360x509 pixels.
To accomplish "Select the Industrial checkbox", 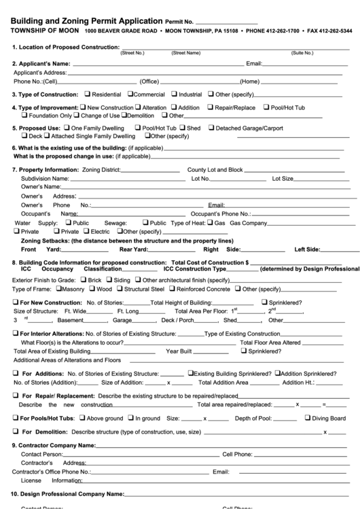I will click(x=174, y=94).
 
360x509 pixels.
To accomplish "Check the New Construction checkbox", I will click(x=83, y=107).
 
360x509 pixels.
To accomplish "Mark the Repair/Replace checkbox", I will click(x=211, y=107).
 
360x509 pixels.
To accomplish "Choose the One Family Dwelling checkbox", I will click(x=67, y=128).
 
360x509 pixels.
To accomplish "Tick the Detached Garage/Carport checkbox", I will click(x=211, y=128).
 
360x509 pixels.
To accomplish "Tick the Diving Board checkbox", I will click(x=307, y=419).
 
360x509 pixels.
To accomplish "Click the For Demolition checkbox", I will click(x=16, y=432).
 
